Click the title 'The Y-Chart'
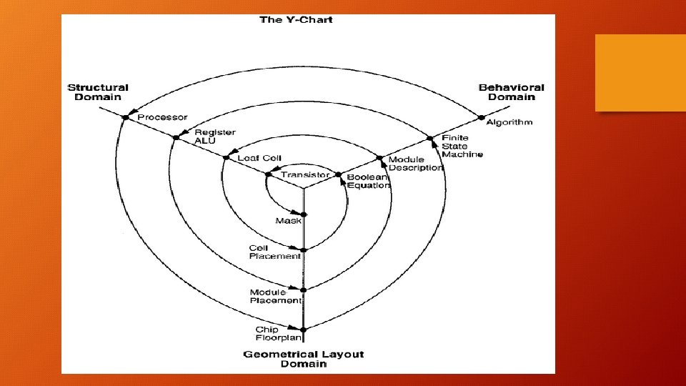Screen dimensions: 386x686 click(x=296, y=19)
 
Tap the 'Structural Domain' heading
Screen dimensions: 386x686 click(x=98, y=92)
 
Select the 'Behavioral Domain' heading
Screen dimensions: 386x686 click(x=511, y=92)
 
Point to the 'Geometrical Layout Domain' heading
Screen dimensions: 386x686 click(x=304, y=359)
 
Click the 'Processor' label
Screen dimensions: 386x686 click(x=162, y=117)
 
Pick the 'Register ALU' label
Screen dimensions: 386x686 click(x=214, y=137)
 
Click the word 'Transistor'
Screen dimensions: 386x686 click(x=305, y=174)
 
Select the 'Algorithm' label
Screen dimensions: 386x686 click(x=509, y=122)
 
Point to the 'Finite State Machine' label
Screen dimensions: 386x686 click(x=462, y=146)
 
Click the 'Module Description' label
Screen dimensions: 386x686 click(x=415, y=164)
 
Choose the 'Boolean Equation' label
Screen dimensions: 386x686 click(x=369, y=181)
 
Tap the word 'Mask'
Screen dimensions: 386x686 click(x=288, y=221)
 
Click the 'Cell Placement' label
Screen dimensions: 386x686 click(x=274, y=252)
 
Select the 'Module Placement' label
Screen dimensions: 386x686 click(x=276, y=296)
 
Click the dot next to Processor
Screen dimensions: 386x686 click(x=126, y=117)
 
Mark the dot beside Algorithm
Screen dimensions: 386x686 click(x=481, y=117)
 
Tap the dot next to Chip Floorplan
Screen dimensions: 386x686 click(x=304, y=330)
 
